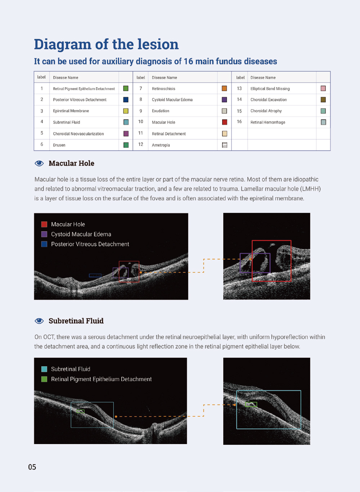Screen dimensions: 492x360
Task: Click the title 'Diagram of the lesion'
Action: click(x=106, y=44)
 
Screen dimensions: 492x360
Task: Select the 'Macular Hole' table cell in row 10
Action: click(x=163, y=122)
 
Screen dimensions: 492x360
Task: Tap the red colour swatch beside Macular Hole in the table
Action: click(x=225, y=122)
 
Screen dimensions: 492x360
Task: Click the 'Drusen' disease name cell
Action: click(x=59, y=145)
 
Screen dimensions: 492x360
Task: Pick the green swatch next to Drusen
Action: click(x=126, y=145)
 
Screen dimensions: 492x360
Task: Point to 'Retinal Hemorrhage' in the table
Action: click(x=268, y=122)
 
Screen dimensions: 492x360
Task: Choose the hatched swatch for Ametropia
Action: click(x=225, y=145)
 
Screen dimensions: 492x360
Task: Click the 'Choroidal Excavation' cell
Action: click(x=269, y=100)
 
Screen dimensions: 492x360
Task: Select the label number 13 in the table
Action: click(x=239, y=89)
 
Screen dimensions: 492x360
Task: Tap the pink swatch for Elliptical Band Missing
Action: click(x=323, y=89)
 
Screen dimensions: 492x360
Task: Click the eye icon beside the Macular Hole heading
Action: click(x=39, y=164)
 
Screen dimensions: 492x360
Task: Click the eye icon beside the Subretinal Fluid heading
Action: click(x=39, y=321)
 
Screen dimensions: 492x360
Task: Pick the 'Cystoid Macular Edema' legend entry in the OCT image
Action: click(x=81, y=234)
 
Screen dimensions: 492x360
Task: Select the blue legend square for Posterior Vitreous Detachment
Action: click(x=44, y=244)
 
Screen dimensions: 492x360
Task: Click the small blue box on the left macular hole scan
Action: click(x=95, y=276)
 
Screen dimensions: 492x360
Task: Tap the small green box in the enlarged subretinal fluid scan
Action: click(x=251, y=404)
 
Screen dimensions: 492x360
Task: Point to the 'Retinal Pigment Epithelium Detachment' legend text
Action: click(x=101, y=379)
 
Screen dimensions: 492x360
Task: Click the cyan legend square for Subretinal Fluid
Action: click(x=44, y=369)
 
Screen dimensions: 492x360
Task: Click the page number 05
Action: click(x=32, y=467)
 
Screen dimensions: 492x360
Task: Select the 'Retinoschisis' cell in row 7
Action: click(x=163, y=89)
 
